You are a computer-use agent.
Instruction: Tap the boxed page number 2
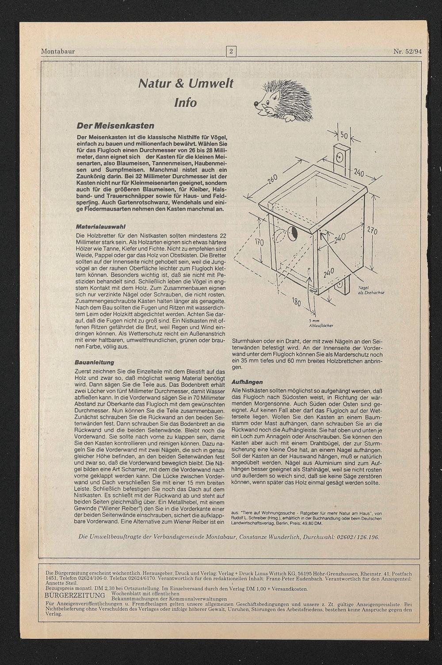231,51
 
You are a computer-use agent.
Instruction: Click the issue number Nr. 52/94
408,51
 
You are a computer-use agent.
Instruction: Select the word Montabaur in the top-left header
58,51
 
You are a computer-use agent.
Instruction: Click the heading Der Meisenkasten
115,126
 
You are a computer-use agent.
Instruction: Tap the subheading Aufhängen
247,382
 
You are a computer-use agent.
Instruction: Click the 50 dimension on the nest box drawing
344,135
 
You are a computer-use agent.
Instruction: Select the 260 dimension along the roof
271,181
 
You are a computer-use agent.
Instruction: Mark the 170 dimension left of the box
259,243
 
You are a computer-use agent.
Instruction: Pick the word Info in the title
185,103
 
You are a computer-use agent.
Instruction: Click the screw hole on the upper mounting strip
340,156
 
